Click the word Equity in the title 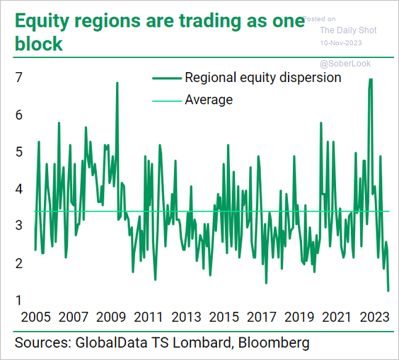coord(42,22)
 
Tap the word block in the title coord(39,44)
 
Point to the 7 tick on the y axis coord(19,77)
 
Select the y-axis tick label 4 coord(19,189)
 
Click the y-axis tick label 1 coord(18,300)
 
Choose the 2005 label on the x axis coord(36,317)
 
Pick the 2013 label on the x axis coord(186,317)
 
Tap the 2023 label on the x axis coord(374,317)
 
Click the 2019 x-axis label coord(299,317)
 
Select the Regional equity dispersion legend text coord(263,78)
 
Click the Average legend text coord(209,100)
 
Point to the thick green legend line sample coord(167,79)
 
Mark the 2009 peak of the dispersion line coord(117,83)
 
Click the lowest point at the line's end coord(388,291)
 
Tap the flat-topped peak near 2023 coord(371,79)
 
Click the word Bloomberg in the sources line coord(274,343)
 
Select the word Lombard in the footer coord(202,342)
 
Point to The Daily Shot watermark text coord(348,30)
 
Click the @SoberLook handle coord(345,64)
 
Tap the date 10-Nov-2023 coord(341,42)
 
